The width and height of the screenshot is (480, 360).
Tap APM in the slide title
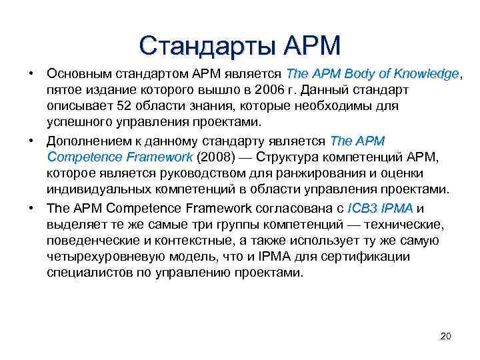pos(312,45)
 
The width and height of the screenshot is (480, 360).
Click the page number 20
pos(446,335)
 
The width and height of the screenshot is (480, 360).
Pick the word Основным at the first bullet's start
pos(73,73)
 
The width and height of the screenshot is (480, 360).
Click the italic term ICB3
pos(363,208)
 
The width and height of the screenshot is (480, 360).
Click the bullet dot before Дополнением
pos(32,141)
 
